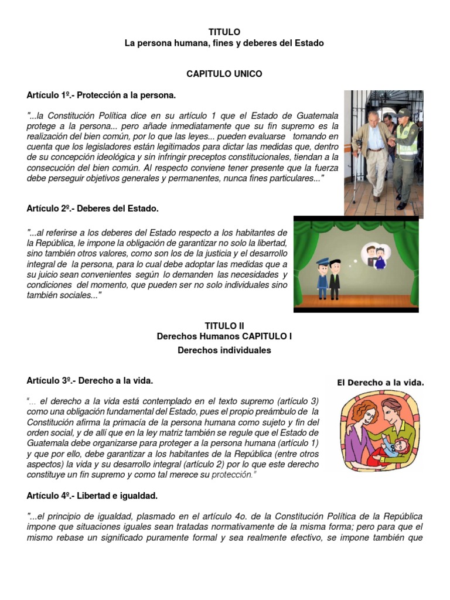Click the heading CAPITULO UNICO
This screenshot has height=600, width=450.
[224, 74]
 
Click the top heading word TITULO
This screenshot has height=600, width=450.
[224, 32]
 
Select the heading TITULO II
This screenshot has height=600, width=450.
[224, 325]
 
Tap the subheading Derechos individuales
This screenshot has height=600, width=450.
[224, 350]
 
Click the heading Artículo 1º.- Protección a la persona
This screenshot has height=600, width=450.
[101, 95]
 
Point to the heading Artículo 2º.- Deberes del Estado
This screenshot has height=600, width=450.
[93, 208]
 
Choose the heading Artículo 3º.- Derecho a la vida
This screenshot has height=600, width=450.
[90, 381]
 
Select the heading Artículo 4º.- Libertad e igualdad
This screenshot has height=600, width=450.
[92, 496]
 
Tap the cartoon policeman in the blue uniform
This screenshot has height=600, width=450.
[322, 278]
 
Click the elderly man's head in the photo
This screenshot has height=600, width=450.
[373, 117]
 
